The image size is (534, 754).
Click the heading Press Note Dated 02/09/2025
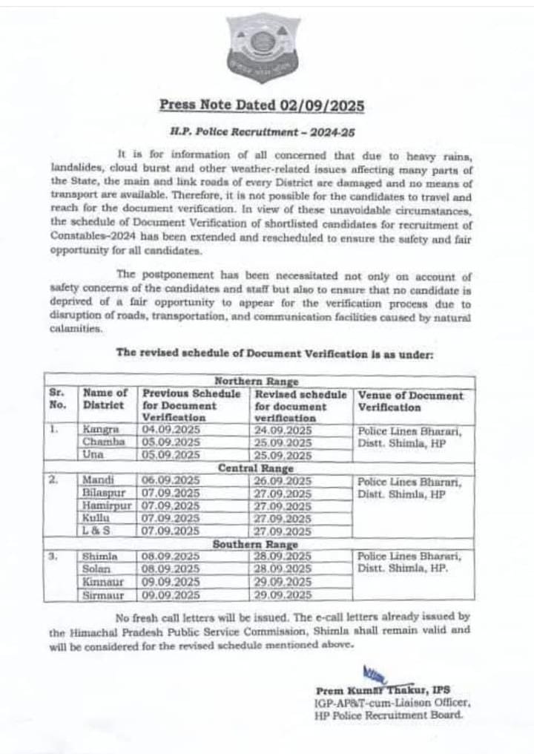click(262, 105)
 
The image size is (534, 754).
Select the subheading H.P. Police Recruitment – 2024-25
click(261, 129)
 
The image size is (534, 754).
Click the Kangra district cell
click(99, 430)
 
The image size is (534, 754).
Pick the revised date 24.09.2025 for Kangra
click(283, 430)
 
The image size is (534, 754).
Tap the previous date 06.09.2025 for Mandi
click(171, 481)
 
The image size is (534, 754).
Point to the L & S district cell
click(97, 531)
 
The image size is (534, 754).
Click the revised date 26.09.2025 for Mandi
click(283, 481)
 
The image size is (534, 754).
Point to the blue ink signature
click(375, 676)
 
